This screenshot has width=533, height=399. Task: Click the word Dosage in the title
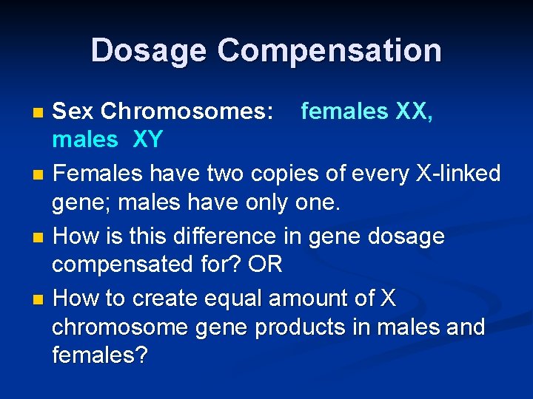(148, 50)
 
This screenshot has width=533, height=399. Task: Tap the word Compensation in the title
(329, 50)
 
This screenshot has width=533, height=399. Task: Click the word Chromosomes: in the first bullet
(187, 112)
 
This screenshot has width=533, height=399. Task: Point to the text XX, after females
(415, 112)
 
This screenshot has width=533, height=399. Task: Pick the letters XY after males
(147, 139)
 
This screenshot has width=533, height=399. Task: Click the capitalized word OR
(266, 264)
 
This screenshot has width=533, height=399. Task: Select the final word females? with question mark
(99, 355)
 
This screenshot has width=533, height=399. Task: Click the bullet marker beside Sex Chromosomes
(39, 113)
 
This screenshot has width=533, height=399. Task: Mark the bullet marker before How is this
(39, 238)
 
